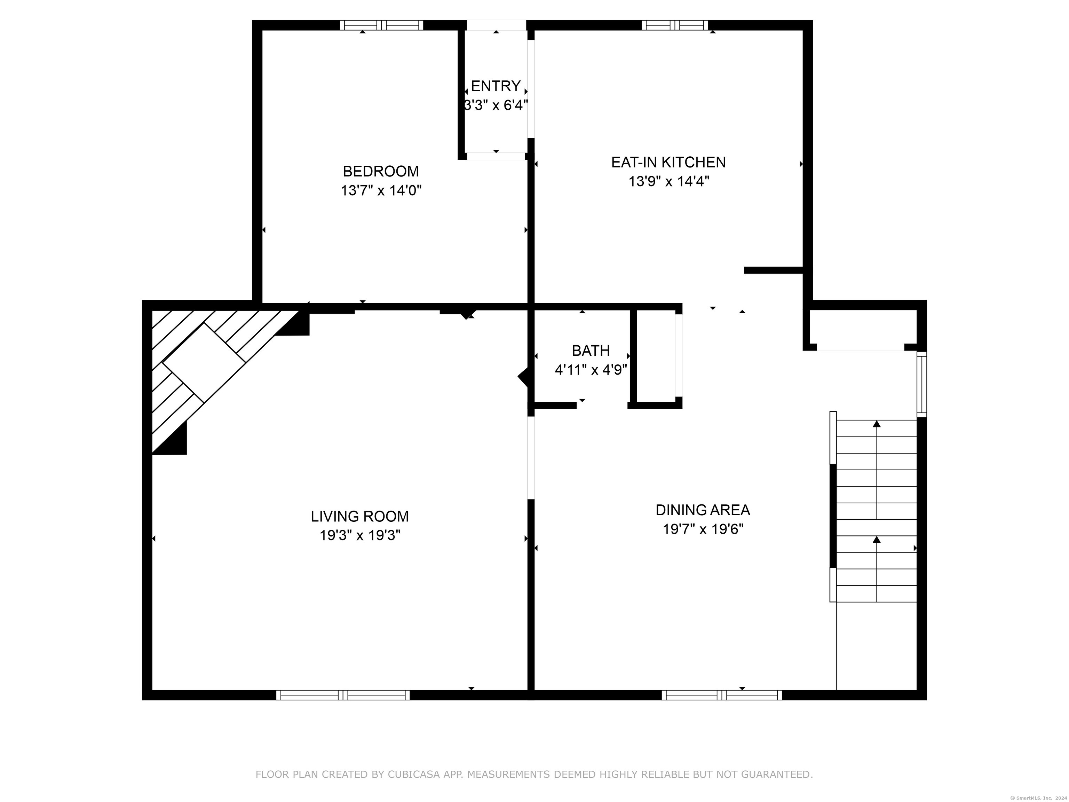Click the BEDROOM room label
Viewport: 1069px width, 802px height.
tap(381, 171)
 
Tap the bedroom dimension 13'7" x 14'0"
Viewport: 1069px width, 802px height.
tap(381, 190)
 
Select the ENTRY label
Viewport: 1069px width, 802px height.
tap(496, 86)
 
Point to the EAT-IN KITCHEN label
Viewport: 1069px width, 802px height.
tap(668, 162)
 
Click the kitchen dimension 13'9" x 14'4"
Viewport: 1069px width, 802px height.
tap(668, 181)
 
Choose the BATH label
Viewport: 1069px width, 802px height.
tap(591, 351)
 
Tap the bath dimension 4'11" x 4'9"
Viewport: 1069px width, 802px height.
tap(591, 370)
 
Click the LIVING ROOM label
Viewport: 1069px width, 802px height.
tap(359, 516)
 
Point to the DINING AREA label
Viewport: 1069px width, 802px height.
tap(703, 510)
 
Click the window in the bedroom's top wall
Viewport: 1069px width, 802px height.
tap(381, 25)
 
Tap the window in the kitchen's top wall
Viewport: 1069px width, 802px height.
tap(675, 25)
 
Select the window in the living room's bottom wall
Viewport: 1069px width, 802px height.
tap(343, 695)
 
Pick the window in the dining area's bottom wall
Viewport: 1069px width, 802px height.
tap(721, 695)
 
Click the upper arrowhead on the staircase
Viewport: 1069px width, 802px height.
tap(877, 424)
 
